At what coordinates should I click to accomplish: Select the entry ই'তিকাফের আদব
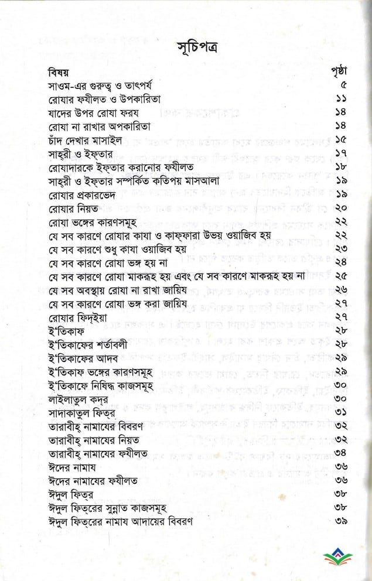84,357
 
